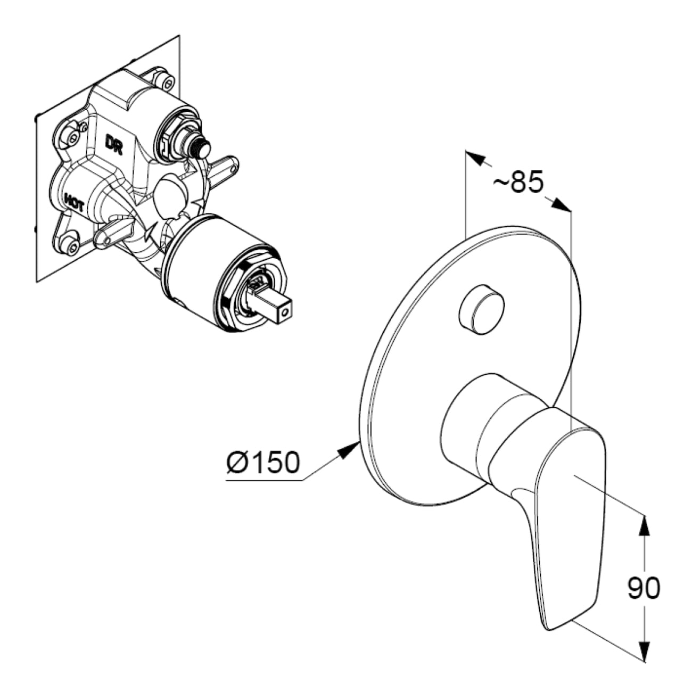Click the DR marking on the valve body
(x=114, y=144)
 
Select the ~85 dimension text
(x=517, y=182)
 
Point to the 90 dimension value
(x=644, y=588)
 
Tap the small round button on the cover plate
(x=481, y=309)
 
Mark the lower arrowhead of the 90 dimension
(x=644, y=652)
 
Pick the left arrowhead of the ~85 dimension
(x=475, y=158)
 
